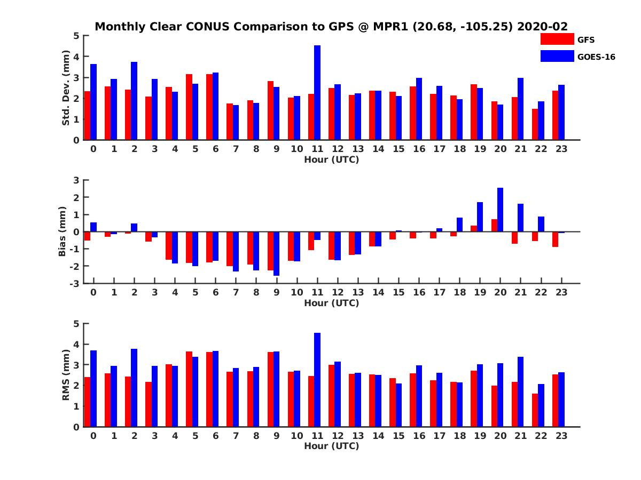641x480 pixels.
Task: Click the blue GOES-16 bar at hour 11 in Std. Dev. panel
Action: pos(317,93)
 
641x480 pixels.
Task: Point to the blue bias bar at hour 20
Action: pos(500,210)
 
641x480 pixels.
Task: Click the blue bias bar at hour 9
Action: pos(276,253)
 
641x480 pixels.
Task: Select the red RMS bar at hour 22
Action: pos(535,410)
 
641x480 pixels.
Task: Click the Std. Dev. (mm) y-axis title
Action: pos(66,88)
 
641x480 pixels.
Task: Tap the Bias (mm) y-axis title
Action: pos(62,232)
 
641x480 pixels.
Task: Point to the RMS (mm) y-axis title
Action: pos(66,375)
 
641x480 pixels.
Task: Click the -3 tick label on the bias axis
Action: pos(75,283)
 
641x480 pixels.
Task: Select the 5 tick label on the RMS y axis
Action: pos(76,323)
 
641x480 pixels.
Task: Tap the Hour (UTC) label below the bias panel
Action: pos(331,303)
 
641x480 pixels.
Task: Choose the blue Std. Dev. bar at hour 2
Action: pos(134,101)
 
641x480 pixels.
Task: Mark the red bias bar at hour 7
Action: pos(229,249)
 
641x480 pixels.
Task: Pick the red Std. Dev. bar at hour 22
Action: pos(535,124)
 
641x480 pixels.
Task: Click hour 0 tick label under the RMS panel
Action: pos(93,436)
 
